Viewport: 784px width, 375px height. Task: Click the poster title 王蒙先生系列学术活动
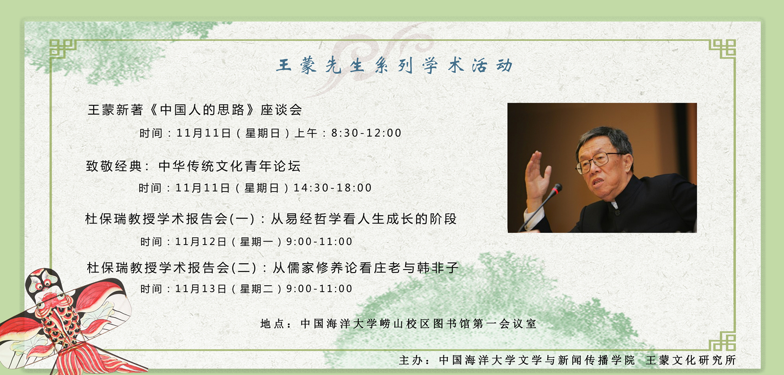click(x=394, y=66)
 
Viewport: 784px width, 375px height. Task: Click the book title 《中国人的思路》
click(x=202, y=110)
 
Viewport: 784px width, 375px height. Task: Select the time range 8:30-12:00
click(x=366, y=133)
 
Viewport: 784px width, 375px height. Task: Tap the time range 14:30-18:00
click(x=333, y=188)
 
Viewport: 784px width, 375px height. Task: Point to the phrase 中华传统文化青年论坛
click(x=230, y=166)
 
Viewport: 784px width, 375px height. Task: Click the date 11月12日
click(x=201, y=242)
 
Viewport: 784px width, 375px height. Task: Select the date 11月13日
click(x=201, y=289)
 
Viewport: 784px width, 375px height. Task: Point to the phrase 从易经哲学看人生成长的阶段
click(x=364, y=219)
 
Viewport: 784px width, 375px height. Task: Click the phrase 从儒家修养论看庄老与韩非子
click(x=366, y=268)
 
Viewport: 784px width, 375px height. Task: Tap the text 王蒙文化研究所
click(x=691, y=360)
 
